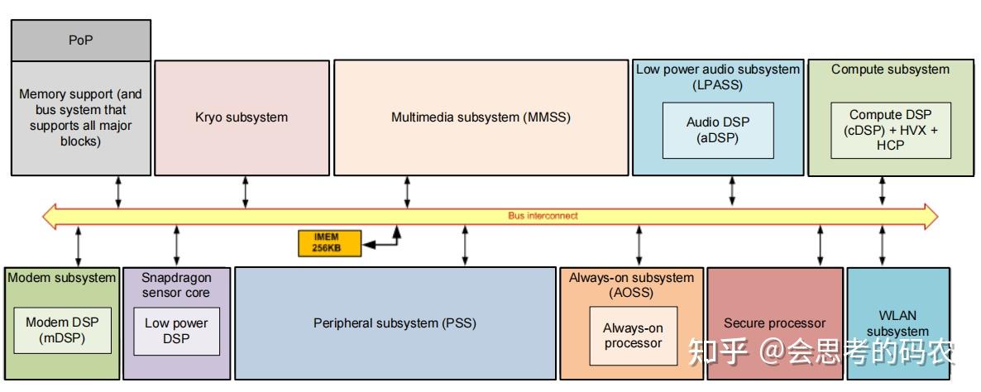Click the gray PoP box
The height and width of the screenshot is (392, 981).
[x=81, y=41]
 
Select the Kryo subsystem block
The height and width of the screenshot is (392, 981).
[x=242, y=117]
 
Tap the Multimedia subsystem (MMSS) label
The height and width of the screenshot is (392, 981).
[x=481, y=117]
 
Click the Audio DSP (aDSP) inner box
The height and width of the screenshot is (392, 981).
[x=718, y=130]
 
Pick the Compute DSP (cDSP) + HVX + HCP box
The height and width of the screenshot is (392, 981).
[x=891, y=130]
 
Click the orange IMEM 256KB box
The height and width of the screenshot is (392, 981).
[x=329, y=243]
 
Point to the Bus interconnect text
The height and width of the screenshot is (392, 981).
[x=543, y=216]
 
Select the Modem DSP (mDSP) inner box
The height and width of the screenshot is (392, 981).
[x=63, y=330]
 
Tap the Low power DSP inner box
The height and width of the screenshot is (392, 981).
[x=176, y=332]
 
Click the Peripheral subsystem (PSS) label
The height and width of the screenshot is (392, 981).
[x=395, y=323]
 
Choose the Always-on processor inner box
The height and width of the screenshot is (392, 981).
[x=633, y=336]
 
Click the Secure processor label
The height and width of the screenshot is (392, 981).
[x=774, y=323]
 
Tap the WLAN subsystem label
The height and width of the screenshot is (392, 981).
[x=897, y=323]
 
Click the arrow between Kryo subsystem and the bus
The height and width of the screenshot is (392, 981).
[x=245, y=192]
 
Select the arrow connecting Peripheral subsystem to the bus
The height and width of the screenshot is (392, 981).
[x=464, y=246]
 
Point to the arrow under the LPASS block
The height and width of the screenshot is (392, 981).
[x=732, y=191]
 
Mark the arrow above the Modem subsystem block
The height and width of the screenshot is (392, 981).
[x=79, y=246]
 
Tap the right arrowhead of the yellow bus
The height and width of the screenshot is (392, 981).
[x=931, y=216]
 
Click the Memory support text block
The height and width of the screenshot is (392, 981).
[x=81, y=117]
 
